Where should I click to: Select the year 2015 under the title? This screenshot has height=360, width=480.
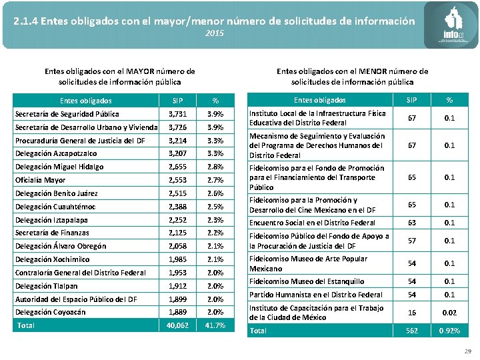215,33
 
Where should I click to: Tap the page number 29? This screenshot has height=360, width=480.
466,351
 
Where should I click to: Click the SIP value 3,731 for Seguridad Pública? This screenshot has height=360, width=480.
178,114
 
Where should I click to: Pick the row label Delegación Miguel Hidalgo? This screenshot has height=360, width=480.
59,167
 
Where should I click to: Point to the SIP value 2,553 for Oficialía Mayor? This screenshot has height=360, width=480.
178,180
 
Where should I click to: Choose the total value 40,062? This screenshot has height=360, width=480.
178,325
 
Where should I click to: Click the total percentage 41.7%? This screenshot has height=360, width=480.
215,325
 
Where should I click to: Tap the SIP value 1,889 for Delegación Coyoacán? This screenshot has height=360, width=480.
178,312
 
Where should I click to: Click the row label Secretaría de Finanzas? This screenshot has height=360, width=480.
52,233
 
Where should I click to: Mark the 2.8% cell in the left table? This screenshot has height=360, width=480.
215,167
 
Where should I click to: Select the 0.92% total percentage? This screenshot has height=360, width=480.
449,331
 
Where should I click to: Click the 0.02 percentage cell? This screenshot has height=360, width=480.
449,312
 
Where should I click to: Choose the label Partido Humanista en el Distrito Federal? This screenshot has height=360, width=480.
315,295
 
